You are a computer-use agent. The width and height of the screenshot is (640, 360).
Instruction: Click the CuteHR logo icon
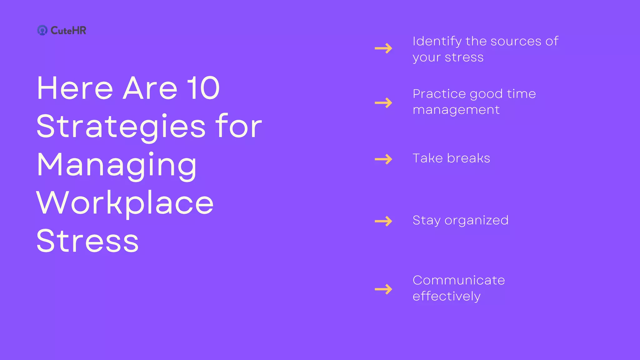42,30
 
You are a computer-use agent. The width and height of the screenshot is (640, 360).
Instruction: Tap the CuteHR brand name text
68,30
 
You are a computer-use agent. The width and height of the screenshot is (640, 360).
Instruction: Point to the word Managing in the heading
117,166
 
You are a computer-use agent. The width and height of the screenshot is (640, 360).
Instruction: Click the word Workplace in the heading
125,203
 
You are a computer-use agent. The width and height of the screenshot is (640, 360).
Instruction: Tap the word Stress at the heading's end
87,241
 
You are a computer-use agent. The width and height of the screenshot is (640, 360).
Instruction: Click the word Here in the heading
75,88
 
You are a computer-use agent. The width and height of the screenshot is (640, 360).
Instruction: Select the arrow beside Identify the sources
383,48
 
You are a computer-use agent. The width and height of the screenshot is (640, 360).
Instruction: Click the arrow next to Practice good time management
383,102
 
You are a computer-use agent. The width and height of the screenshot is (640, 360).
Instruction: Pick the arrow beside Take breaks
383,159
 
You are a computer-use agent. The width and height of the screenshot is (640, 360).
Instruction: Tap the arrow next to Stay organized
383,221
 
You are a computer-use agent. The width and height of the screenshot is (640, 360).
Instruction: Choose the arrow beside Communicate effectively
383,289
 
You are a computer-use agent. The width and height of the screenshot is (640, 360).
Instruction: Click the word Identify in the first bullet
437,42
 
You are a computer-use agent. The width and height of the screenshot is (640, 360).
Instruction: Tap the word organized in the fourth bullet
477,221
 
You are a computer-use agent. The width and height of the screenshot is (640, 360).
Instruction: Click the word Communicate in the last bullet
458,280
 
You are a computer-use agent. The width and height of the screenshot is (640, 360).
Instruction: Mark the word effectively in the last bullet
446,296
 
